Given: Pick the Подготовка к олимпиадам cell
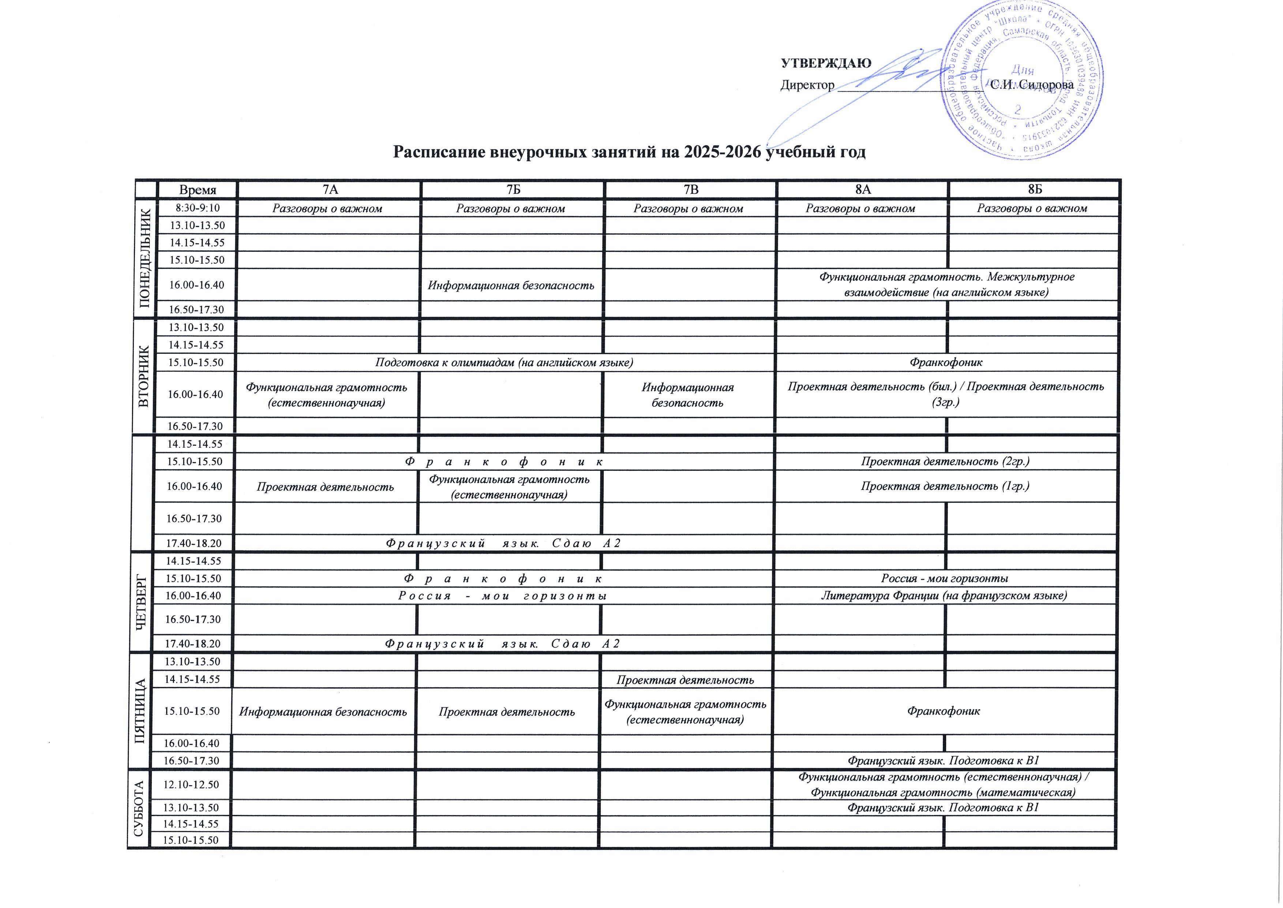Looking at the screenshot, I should point(504,362).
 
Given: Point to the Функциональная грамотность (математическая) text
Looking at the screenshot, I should point(943,792).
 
